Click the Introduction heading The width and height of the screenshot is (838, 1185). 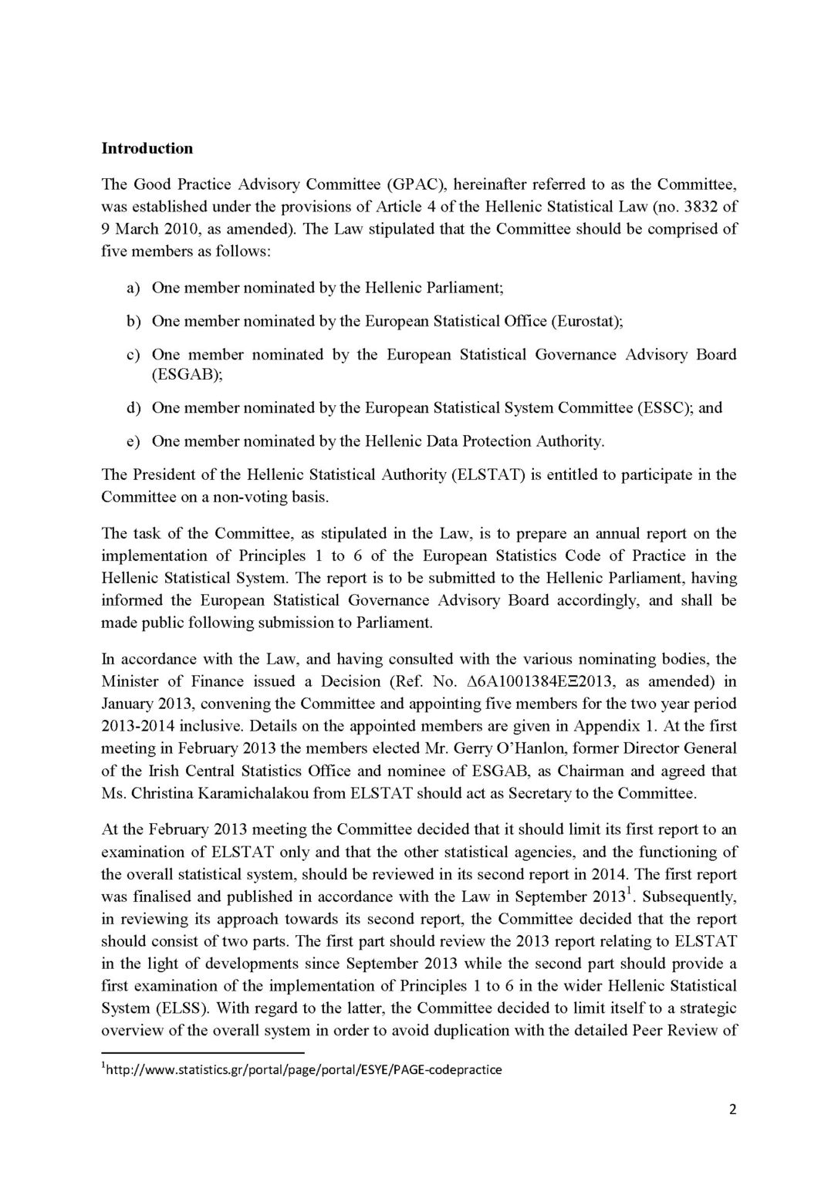(x=147, y=148)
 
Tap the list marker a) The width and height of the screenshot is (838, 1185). (x=133, y=288)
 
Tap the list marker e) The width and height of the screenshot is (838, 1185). (x=133, y=441)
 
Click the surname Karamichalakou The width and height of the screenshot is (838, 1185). (x=204, y=792)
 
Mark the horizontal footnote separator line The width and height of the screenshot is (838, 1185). (x=204, y=1052)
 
